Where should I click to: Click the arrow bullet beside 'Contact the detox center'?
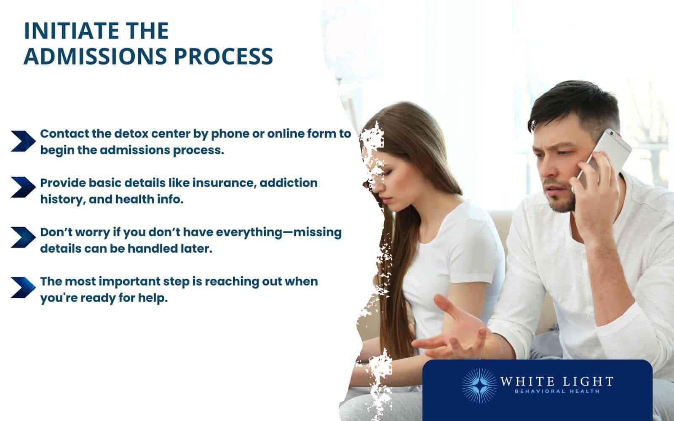click(x=23, y=141)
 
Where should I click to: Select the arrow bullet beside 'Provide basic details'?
click(x=23, y=187)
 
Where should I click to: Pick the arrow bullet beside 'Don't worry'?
click(x=23, y=237)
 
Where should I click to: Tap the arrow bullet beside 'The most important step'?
click(x=23, y=287)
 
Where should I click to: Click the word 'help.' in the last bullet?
click(x=153, y=298)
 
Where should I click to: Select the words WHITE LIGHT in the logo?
click(x=556, y=382)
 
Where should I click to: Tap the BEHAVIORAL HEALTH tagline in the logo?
click(x=556, y=392)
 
